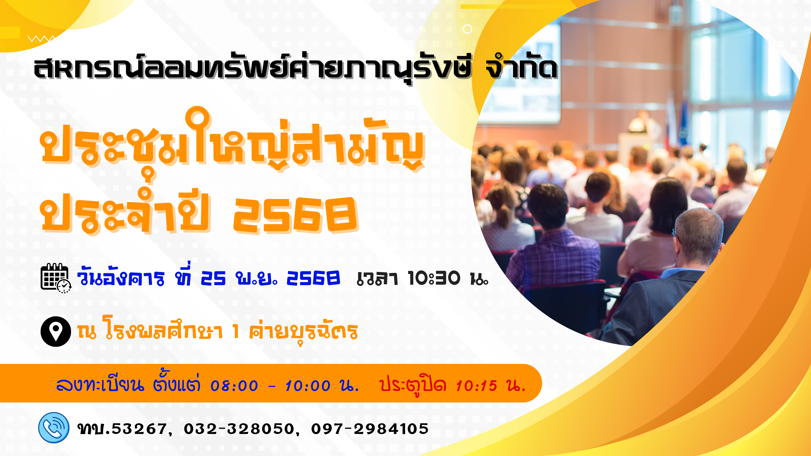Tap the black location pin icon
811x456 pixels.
click(56, 331)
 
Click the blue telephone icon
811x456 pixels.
click(54, 428)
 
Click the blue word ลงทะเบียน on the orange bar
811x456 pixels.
click(100, 385)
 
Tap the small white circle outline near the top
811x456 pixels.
click(468, 29)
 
